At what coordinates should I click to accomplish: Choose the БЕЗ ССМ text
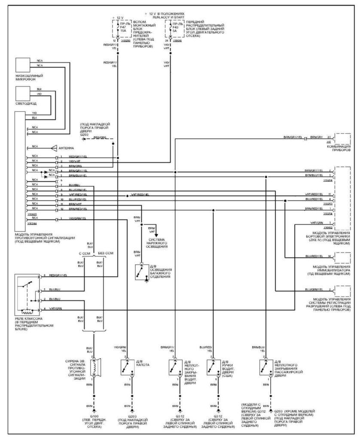click(106, 254)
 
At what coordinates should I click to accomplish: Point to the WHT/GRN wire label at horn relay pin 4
click(55, 309)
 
